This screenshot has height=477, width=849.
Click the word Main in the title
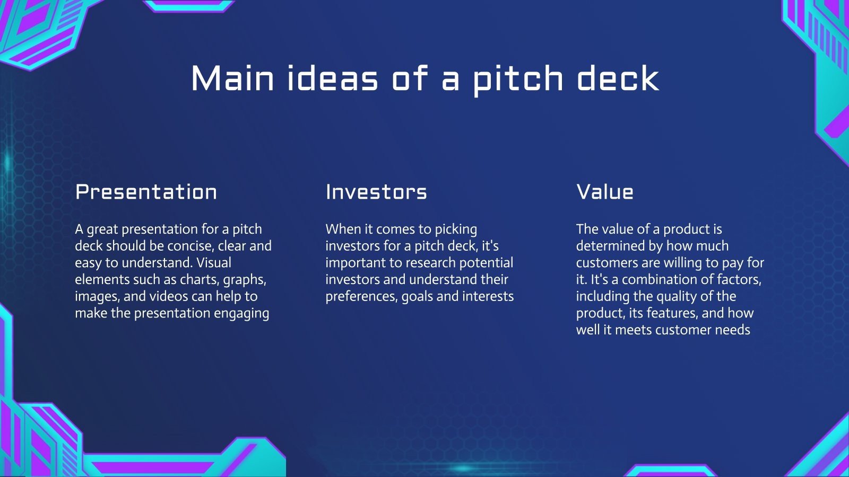232,78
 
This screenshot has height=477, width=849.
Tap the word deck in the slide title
618,78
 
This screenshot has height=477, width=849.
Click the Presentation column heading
146,192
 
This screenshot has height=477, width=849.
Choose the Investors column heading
376,192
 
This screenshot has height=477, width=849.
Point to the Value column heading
605,192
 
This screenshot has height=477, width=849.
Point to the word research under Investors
430,263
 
